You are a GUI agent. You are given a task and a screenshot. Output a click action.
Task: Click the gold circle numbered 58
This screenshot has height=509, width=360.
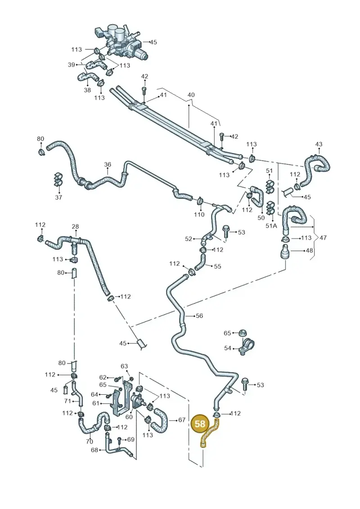coord(200,423)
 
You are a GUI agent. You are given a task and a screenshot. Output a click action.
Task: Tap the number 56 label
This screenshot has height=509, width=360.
coord(199,315)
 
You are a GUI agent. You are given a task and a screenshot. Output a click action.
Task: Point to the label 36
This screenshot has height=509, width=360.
coord(108,165)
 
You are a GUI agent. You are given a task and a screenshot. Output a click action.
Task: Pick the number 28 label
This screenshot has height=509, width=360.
coord(75,226)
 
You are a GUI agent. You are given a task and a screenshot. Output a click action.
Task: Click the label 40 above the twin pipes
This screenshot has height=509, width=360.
coord(191,95)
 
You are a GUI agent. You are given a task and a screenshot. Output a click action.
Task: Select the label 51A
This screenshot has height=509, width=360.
coord(271,225)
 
